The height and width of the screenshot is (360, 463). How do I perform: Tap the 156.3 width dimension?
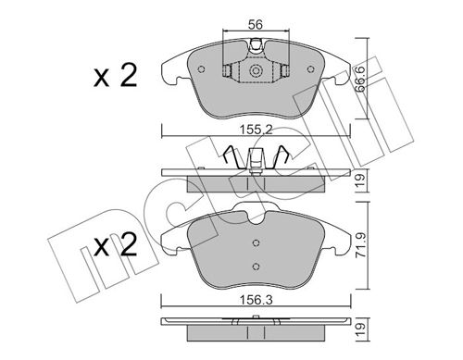256,300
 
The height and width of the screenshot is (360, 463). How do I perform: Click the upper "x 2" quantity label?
115,78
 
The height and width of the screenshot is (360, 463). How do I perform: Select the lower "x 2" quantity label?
115,246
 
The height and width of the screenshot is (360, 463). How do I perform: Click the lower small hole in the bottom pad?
256,266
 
